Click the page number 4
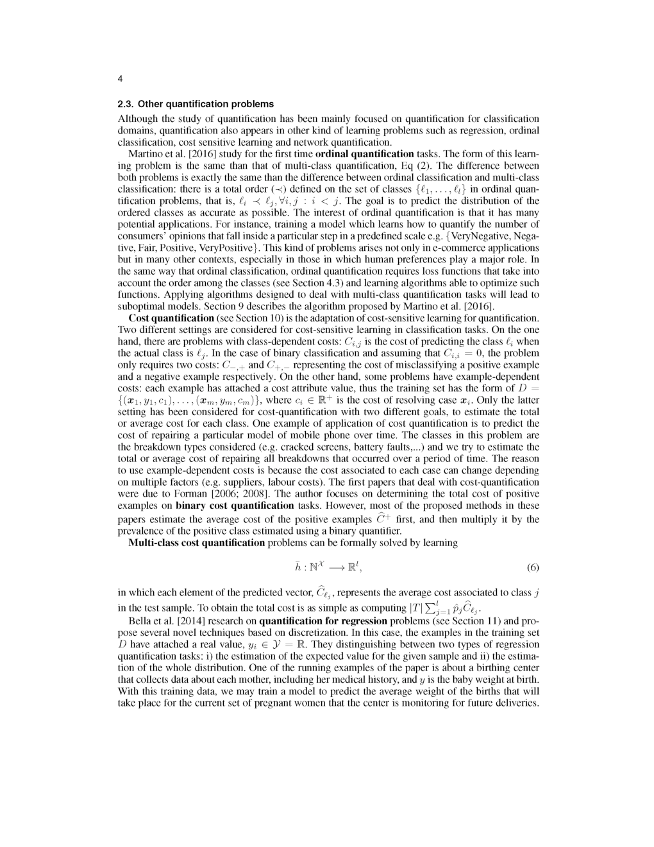(120, 79)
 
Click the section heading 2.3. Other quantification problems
(196, 103)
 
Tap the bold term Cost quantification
(171, 318)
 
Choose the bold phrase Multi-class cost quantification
(197, 543)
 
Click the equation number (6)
(532, 568)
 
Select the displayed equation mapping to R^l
(328, 567)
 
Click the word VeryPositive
(235, 248)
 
